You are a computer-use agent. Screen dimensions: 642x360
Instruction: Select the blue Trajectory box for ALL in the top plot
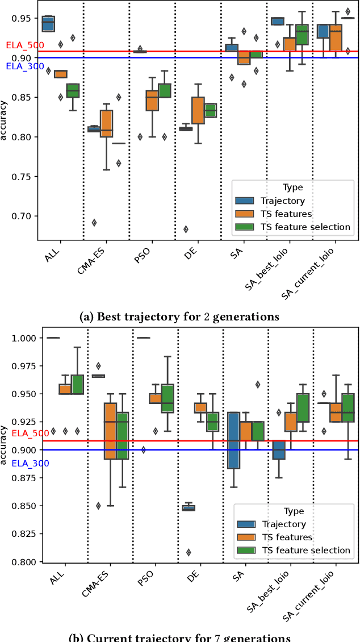(x=48, y=24)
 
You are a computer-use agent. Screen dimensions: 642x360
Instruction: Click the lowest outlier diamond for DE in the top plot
(x=185, y=230)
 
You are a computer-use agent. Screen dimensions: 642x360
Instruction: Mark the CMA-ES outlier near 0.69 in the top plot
(x=94, y=223)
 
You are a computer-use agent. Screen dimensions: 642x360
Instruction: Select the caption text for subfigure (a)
(x=179, y=316)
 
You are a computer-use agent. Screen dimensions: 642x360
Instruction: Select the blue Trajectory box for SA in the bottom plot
(x=232, y=440)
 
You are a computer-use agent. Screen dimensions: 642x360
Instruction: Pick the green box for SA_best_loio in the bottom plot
(x=303, y=407)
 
